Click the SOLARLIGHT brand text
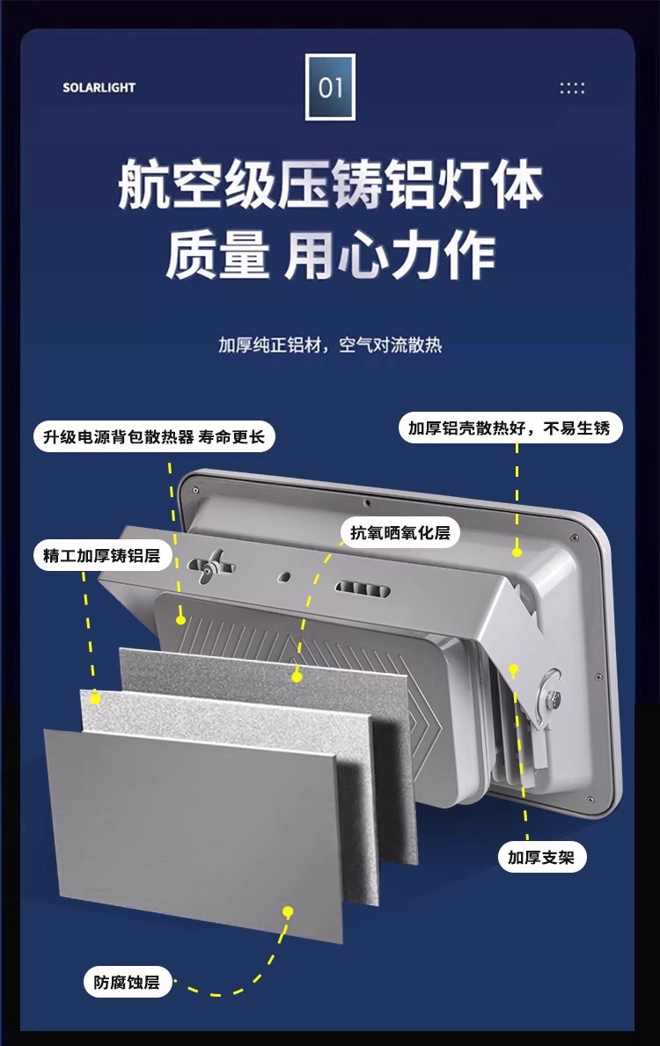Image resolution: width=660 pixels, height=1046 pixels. tap(99, 88)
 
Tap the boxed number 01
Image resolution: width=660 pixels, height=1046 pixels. tap(330, 87)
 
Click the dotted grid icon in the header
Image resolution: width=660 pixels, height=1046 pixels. tap(572, 88)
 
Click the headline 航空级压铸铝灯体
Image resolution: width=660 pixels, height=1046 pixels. tap(330, 184)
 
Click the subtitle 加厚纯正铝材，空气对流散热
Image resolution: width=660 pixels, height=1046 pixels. tap(330, 344)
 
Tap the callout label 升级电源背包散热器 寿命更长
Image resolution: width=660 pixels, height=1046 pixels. tap(154, 436)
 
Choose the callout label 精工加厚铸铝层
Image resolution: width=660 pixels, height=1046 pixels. tap(102, 556)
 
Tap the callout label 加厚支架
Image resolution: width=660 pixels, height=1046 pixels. tap(541, 857)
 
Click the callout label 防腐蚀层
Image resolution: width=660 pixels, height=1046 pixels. tap(127, 982)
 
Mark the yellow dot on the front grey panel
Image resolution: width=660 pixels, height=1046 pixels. tap(287, 911)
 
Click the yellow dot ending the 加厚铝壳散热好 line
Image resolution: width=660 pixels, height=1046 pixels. tap(517, 552)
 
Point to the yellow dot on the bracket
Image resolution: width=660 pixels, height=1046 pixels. tap(515, 669)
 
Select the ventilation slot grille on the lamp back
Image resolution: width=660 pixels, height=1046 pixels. tap(359, 588)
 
